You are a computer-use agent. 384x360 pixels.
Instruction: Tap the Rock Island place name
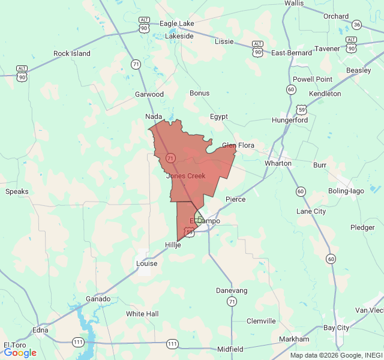pyautogui.click(x=71, y=53)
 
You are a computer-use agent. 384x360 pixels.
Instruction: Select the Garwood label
pyautogui.click(x=149, y=94)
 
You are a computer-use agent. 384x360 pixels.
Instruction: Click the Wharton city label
pyautogui.click(x=278, y=163)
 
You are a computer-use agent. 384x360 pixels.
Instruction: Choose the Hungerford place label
pyautogui.click(x=289, y=120)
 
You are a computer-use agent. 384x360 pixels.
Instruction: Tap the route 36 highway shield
pyautogui.click(x=357, y=25)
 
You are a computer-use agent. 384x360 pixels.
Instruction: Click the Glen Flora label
pyautogui.click(x=238, y=145)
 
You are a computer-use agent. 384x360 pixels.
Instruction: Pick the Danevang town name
pyautogui.click(x=232, y=290)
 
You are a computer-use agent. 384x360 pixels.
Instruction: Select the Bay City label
pyautogui.click(x=336, y=328)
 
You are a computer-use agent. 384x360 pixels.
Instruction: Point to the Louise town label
pyautogui.click(x=146, y=263)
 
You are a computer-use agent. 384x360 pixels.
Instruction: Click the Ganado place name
pyautogui.click(x=98, y=299)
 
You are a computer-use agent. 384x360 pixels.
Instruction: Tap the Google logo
pyautogui.click(x=20, y=353)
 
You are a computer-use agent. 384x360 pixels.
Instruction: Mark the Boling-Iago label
pyautogui.click(x=346, y=191)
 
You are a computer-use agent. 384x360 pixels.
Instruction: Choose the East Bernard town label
pyautogui.click(x=291, y=53)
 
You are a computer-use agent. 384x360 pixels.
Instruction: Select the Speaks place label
pyautogui.click(x=17, y=191)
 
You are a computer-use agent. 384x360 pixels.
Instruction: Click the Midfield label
pyautogui.click(x=230, y=349)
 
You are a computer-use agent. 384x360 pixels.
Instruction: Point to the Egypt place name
pyautogui.click(x=219, y=116)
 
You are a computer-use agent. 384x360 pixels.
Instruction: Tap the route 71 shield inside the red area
pyautogui.click(x=170, y=158)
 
